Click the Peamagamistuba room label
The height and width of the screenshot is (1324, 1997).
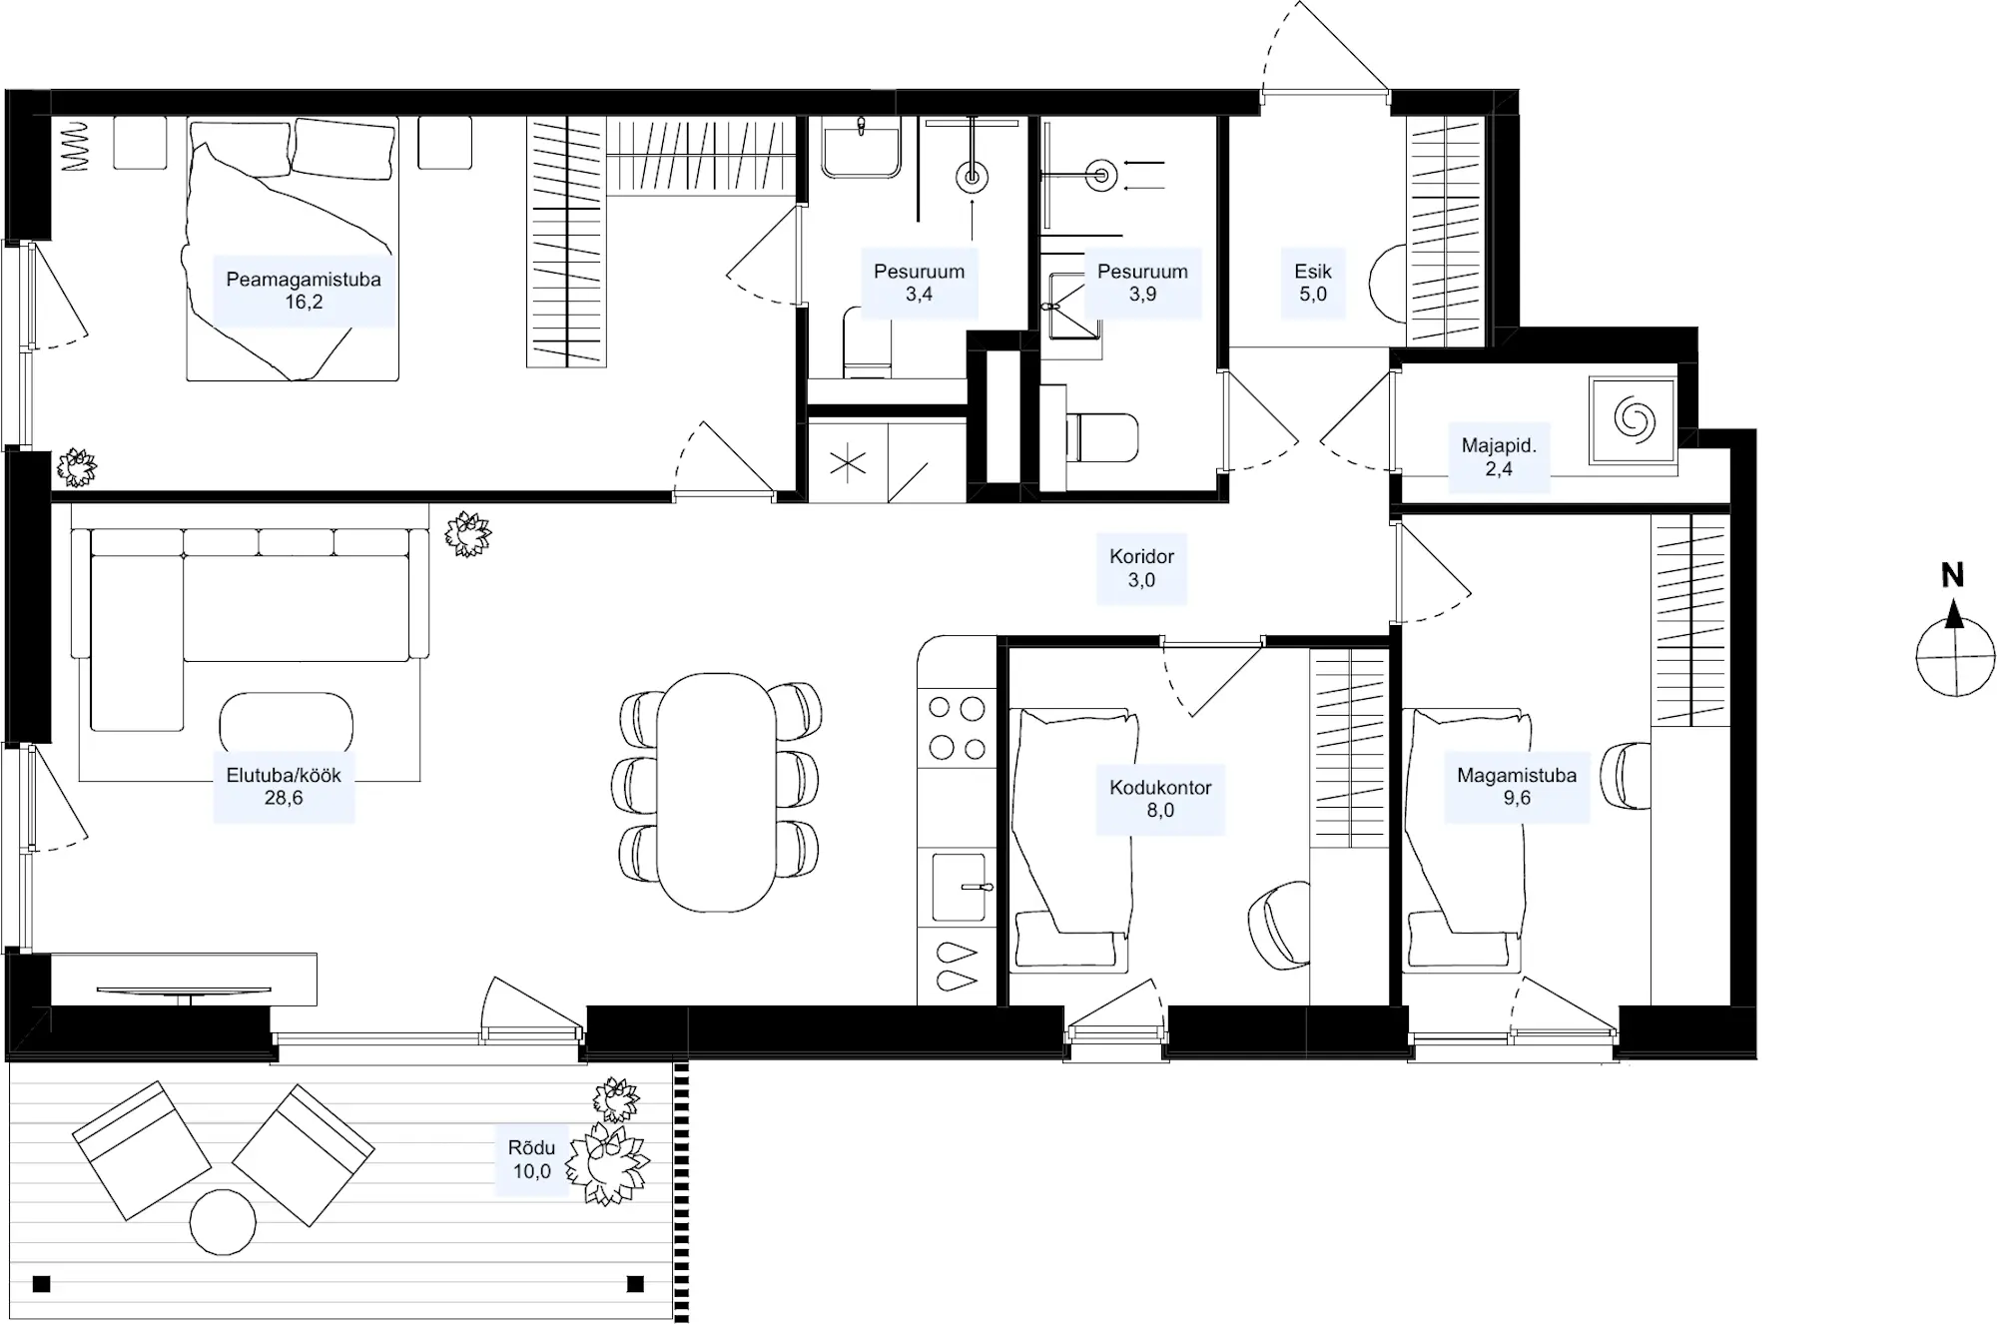(304, 280)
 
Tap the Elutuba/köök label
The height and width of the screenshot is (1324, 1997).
(284, 775)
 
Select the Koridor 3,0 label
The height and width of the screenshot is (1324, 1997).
(1141, 568)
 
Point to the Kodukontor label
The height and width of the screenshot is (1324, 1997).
(1160, 787)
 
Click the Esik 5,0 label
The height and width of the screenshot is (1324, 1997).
(1313, 283)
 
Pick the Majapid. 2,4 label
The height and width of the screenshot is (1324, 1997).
(1499, 457)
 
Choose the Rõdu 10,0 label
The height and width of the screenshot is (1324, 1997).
(531, 1159)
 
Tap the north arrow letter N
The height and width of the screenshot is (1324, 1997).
(1952, 575)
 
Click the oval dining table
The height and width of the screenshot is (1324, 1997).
(716, 792)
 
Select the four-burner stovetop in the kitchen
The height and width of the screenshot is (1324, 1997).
(957, 729)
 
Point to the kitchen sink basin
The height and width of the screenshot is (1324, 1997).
(959, 887)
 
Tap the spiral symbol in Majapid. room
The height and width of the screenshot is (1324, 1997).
(1634, 420)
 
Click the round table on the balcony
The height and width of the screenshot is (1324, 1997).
(224, 1221)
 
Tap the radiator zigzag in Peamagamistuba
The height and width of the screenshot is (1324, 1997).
(77, 146)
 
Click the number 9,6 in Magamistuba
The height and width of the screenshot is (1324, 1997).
(1517, 798)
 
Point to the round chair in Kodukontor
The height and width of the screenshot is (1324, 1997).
(1279, 926)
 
